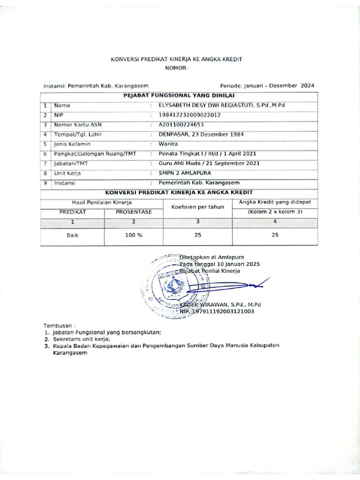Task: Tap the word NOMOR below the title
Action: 176,68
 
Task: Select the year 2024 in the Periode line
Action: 307,86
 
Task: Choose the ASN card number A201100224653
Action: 181,125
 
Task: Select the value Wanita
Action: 168,144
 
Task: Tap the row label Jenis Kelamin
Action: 72,144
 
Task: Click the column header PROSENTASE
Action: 134,212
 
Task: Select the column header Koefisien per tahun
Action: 197,207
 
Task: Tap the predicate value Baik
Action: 72,235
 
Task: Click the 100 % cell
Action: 134,235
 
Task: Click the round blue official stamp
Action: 172,287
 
